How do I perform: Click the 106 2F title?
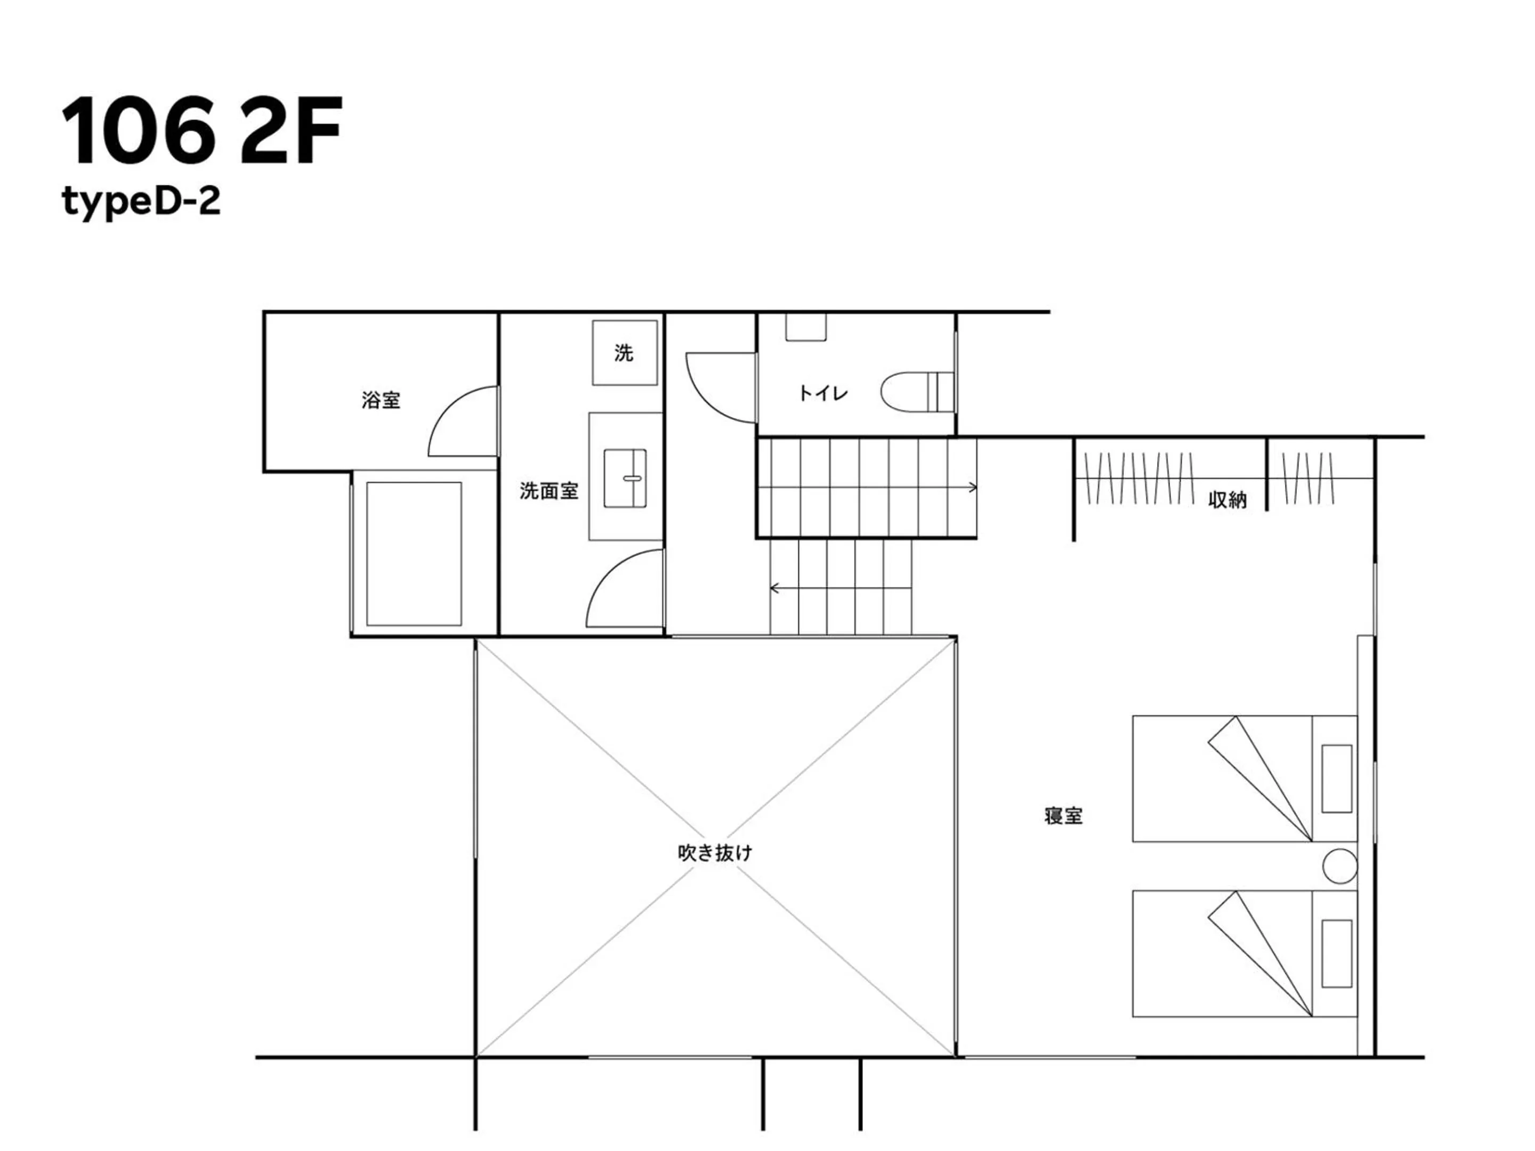pyautogui.click(x=201, y=132)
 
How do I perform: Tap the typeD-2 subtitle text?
pyautogui.click(x=141, y=202)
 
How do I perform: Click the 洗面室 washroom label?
pyautogui.click(x=548, y=491)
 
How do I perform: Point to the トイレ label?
pyautogui.click(x=822, y=393)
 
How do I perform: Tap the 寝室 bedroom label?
pyautogui.click(x=1063, y=816)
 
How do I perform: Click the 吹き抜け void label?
pyautogui.click(x=715, y=853)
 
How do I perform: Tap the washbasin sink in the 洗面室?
pyautogui.click(x=625, y=478)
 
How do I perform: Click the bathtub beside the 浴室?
pyautogui.click(x=414, y=554)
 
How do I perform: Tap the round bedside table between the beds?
pyautogui.click(x=1339, y=866)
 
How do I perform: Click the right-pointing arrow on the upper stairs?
pyautogui.click(x=973, y=487)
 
